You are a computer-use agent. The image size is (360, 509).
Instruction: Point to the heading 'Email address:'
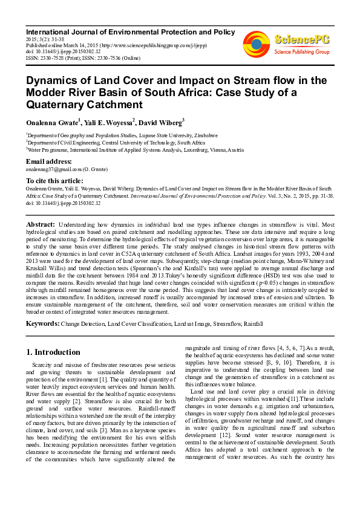48,162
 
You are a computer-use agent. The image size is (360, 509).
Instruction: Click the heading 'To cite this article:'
54,180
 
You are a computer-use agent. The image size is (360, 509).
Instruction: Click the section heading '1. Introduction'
54,352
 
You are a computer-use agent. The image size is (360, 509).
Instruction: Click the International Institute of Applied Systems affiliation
134,150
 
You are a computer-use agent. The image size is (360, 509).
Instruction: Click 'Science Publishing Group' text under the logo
301,53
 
